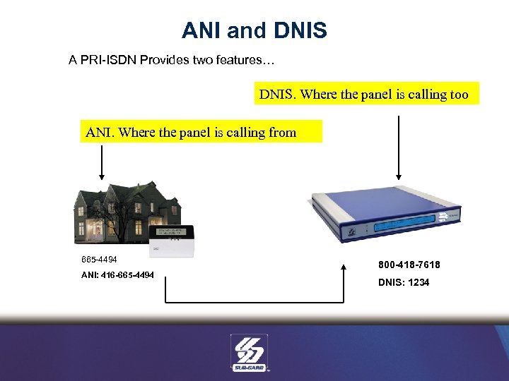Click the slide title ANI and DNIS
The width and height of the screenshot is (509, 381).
point(254,30)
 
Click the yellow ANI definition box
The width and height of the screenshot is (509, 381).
point(201,132)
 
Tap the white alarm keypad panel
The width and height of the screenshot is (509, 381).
point(173,236)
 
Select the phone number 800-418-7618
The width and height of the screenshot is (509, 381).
point(409,265)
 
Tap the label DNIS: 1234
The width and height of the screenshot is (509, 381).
point(403,282)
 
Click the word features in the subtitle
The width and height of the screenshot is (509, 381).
point(238,60)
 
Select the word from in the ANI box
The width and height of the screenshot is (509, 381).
point(282,132)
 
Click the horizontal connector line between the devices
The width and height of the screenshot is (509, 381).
point(255,303)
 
